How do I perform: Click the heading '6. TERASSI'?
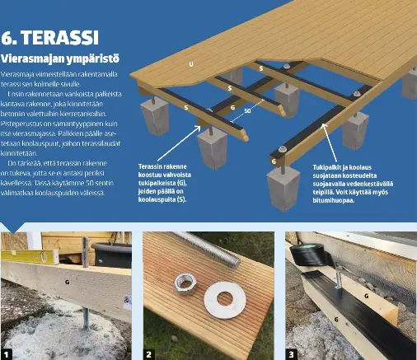(50, 39)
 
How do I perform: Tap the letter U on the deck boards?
(191, 63)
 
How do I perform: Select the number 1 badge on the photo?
(7, 353)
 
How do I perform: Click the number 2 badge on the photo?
(149, 353)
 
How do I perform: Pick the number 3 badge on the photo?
(291, 353)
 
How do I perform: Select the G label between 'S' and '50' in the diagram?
(232, 109)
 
